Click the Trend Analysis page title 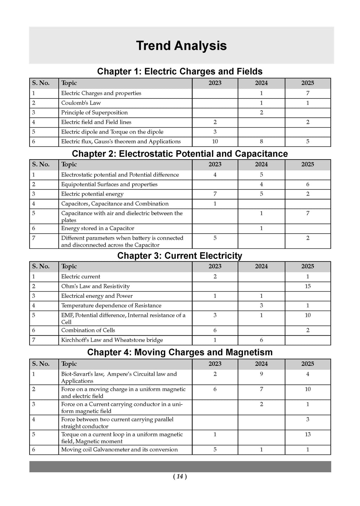(x=181, y=46)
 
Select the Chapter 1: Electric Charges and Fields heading (x=180, y=71)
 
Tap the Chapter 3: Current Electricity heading (x=180, y=255)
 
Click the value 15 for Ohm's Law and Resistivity (x=308, y=286)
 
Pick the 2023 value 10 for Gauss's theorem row (x=215, y=142)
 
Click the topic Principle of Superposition (x=94, y=112)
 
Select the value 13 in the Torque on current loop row (x=308, y=434)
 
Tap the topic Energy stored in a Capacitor (x=97, y=228)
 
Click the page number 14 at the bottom (x=180, y=476)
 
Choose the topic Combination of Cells (x=88, y=330)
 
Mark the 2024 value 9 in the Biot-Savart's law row (x=261, y=374)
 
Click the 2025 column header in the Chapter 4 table (x=308, y=364)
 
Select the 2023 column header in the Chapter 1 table (x=215, y=83)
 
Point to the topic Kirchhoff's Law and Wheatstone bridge (x=112, y=340)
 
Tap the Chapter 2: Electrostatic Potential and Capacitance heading (x=180, y=154)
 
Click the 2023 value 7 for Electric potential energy (x=215, y=194)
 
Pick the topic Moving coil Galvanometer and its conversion (x=119, y=450)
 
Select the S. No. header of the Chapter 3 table (x=41, y=266)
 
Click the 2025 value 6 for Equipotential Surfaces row (x=308, y=184)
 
